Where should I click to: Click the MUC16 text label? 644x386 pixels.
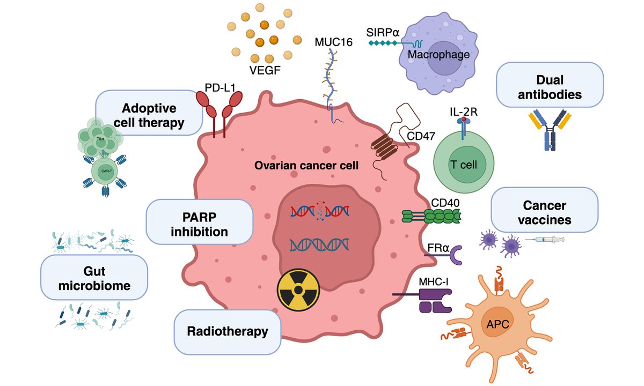pos(333,42)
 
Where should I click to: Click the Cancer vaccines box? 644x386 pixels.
pos(544,213)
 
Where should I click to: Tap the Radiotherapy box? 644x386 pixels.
pos(227,331)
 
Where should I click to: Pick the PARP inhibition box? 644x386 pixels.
pos(199,225)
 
